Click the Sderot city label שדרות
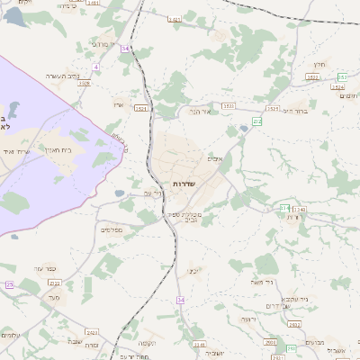pyautogui.click(x=184, y=183)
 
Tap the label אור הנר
pyautogui.click(x=198, y=112)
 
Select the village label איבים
pyautogui.click(x=214, y=159)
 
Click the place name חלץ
pyautogui.click(x=319, y=65)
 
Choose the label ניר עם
pyautogui.click(x=152, y=193)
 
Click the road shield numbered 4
pyautogui.click(x=95, y=67)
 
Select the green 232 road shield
pyautogui.click(x=257, y=121)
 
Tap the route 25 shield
pyautogui.click(x=9, y=284)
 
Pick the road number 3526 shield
pyautogui.click(x=85, y=83)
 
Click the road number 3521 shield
pyautogui.click(x=140, y=108)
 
